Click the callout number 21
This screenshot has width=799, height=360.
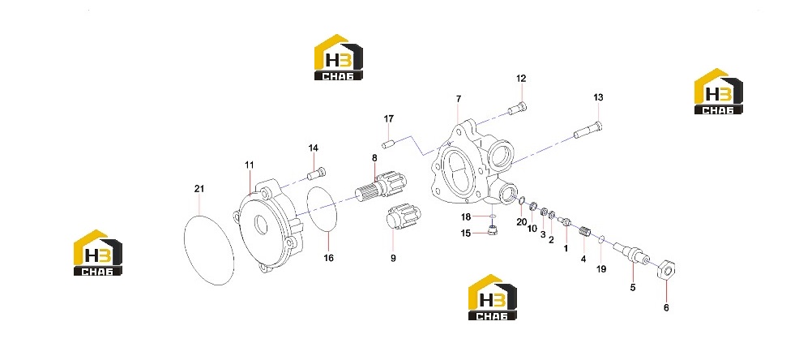pos(199,189)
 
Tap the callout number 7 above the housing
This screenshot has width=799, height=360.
pos(459,98)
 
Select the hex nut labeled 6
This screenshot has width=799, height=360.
pos(667,268)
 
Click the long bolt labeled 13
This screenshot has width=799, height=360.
pos(587,130)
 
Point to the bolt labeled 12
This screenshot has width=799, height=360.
pos(517,109)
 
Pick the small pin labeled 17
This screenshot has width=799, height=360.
pos(389,144)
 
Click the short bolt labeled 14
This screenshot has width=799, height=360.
pos(317,174)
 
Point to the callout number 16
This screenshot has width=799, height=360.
pos(329,259)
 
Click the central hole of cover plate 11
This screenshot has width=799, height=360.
pos(261,225)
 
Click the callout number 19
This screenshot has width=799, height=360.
pos(601,269)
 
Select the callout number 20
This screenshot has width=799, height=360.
pos(521,222)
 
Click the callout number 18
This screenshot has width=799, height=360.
pos(466,217)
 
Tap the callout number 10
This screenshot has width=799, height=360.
pos(532,229)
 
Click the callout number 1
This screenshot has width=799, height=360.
pos(565,249)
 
